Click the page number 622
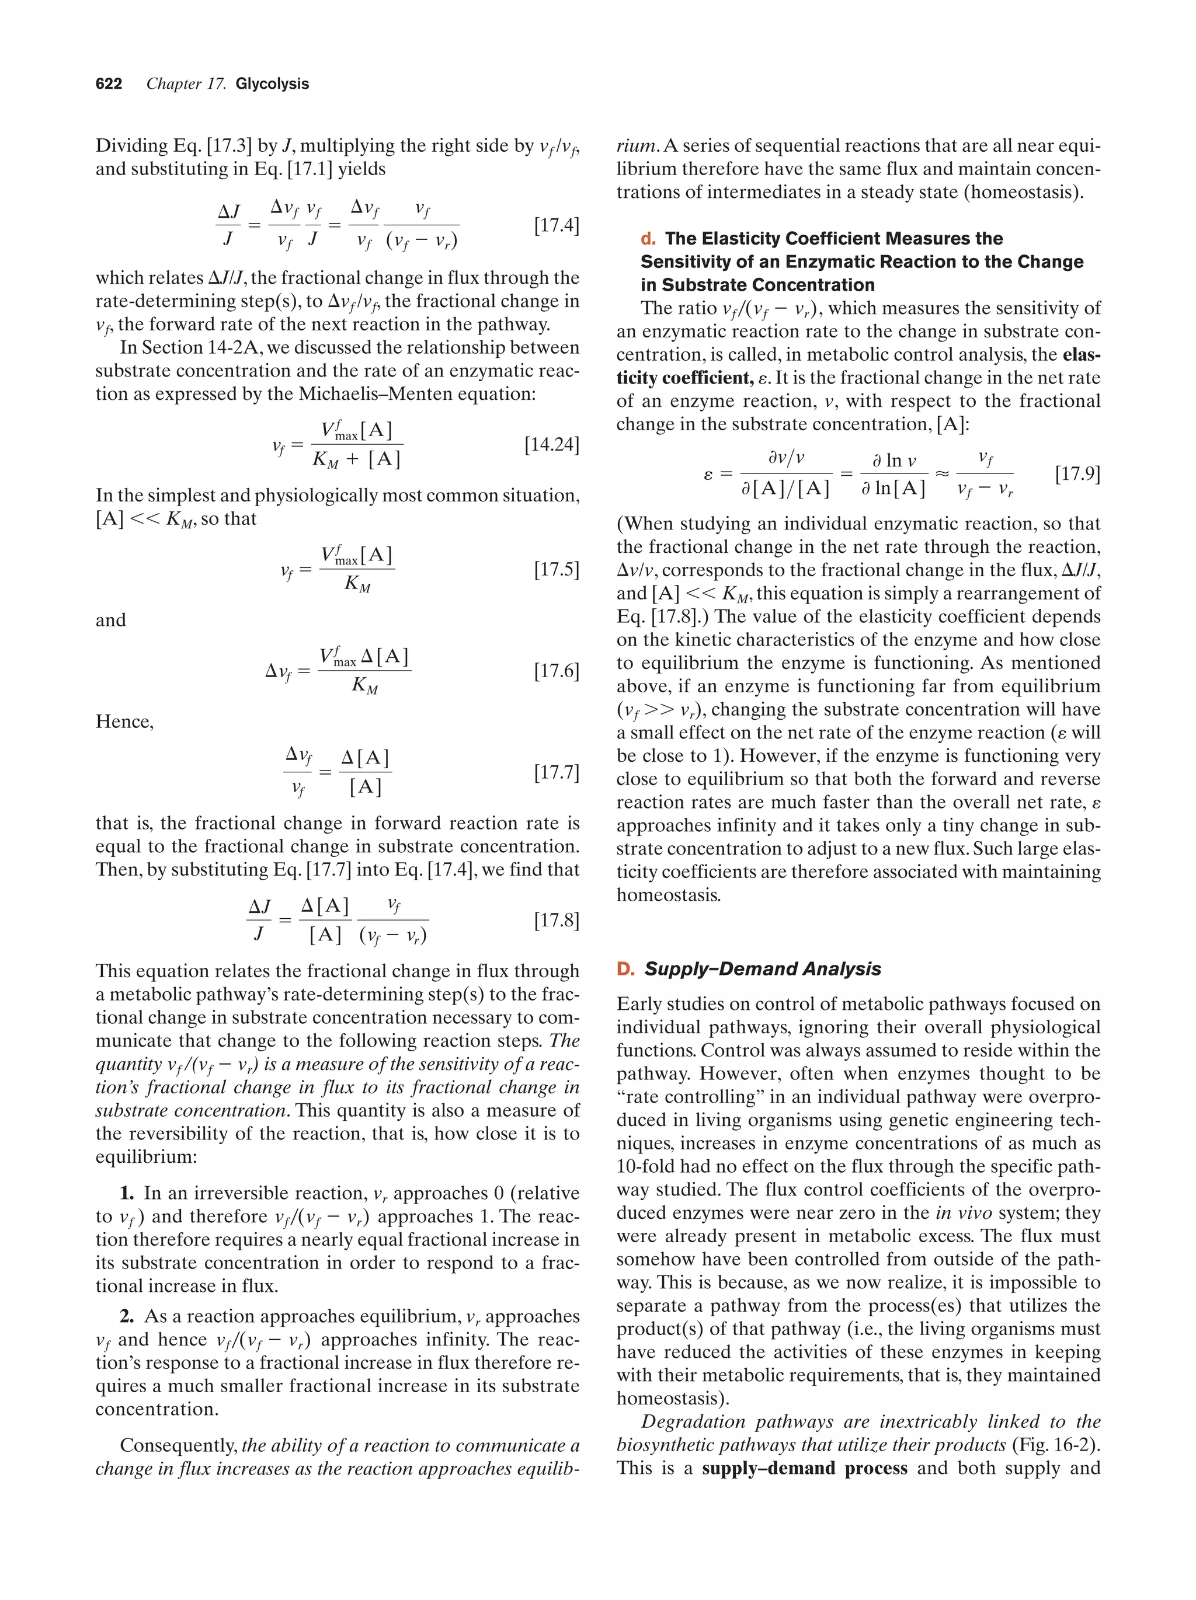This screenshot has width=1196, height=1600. (x=109, y=84)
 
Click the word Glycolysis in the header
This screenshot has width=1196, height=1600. (x=272, y=84)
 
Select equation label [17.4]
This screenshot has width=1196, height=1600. (x=557, y=226)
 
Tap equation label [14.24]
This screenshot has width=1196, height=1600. (x=551, y=444)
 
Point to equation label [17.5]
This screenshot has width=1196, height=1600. (x=557, y=569)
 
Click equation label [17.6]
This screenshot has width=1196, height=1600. (x=557, y=671)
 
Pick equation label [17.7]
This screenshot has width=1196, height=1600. (x=557, y=772)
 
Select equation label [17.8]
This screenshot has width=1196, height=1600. (x=557, y=920)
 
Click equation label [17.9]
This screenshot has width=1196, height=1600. (x=1077, y=475)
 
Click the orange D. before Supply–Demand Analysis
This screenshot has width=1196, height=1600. (x=625, y=969)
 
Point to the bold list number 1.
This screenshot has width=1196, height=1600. (x=127, y=1194)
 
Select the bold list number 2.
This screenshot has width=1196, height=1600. (x=127, y=1316)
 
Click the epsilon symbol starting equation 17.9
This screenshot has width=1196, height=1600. (x=708, y=475)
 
